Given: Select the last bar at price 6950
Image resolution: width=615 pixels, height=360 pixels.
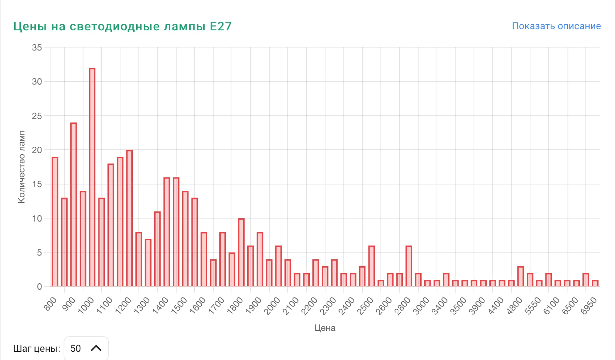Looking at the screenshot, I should coord(595,283).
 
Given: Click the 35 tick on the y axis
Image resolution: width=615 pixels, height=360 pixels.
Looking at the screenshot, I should coord(37,48).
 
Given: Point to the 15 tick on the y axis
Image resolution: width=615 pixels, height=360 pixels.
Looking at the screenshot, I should coord(37,184).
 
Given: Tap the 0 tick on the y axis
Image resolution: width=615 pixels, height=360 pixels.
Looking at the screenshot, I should coord(39,287).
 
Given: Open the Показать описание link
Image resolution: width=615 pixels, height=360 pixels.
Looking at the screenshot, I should coord(556,26).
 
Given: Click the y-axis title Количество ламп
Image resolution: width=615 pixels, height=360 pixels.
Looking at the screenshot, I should coord(21,167).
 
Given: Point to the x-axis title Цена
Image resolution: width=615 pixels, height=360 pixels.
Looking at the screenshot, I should coord(325,328).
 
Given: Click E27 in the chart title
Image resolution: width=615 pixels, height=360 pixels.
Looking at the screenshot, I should coord(221,26).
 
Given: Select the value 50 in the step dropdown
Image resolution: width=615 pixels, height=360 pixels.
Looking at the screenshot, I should coord(76,348).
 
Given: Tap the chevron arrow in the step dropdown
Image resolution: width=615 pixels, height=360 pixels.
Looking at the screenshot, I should coord(96,348).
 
